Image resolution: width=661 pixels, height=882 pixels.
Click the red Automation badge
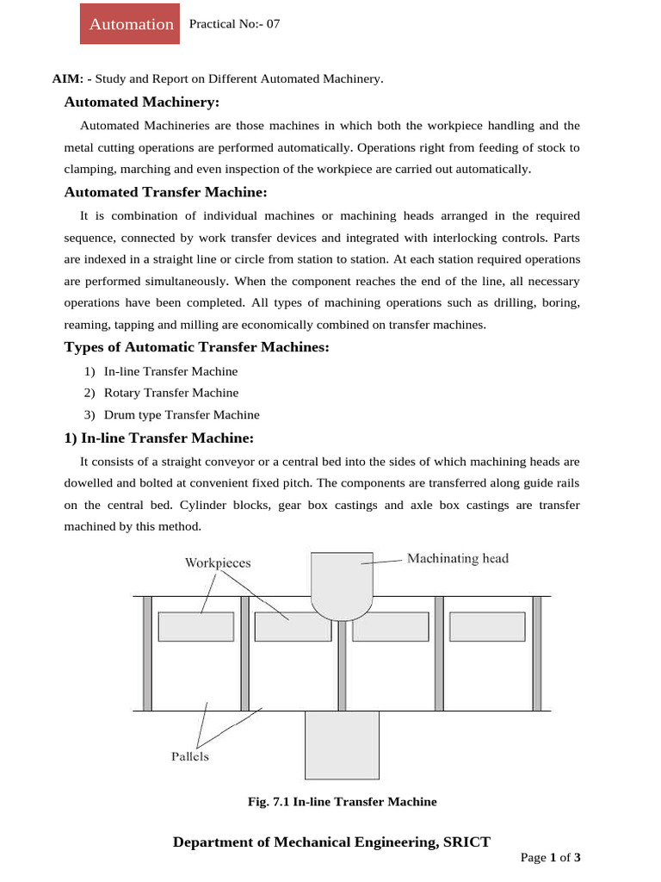click(131, 24)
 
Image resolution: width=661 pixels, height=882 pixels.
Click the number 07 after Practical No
click(272, 24)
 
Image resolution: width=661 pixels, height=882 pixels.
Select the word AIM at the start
click(67, 79)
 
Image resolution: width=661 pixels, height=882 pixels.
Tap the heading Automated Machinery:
click(142, 102)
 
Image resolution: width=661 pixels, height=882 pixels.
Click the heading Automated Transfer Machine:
click(165, 192)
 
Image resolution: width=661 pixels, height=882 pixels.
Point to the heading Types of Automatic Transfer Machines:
click(197, 347)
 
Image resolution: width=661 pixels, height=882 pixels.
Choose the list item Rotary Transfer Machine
click(171, 393)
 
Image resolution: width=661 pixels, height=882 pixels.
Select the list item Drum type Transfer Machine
click(182, 414)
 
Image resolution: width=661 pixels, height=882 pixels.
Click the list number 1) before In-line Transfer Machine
click(90, 371)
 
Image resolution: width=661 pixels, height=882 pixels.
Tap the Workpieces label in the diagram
click(218, 562)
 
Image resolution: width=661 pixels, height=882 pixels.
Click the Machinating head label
click(457, 559)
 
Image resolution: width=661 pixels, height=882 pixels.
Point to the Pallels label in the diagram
click(189, 757)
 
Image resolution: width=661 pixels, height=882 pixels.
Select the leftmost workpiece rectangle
click(195, 626)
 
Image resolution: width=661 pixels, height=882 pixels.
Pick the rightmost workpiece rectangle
click(487, 626)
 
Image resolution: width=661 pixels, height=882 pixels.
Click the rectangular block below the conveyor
click(342, 745)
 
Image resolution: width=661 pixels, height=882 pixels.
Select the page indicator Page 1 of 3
click(551, 858)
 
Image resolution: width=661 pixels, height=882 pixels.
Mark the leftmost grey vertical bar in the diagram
click(147, 652)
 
